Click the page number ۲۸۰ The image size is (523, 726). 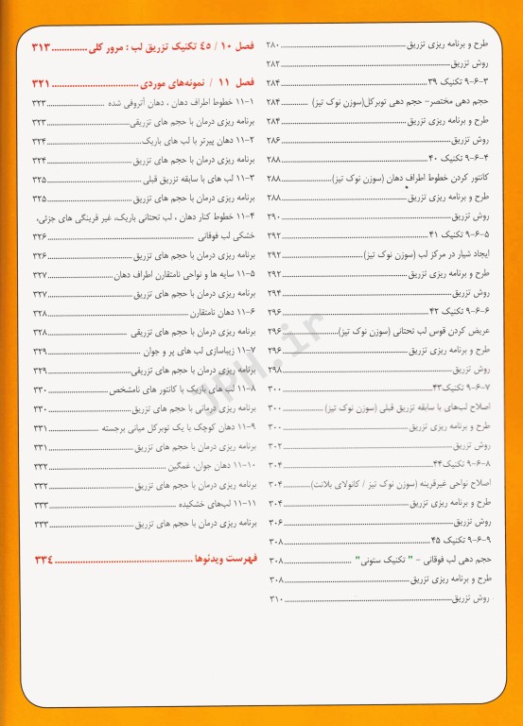pos(274,44)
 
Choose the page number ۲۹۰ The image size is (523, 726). pos(274,216)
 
